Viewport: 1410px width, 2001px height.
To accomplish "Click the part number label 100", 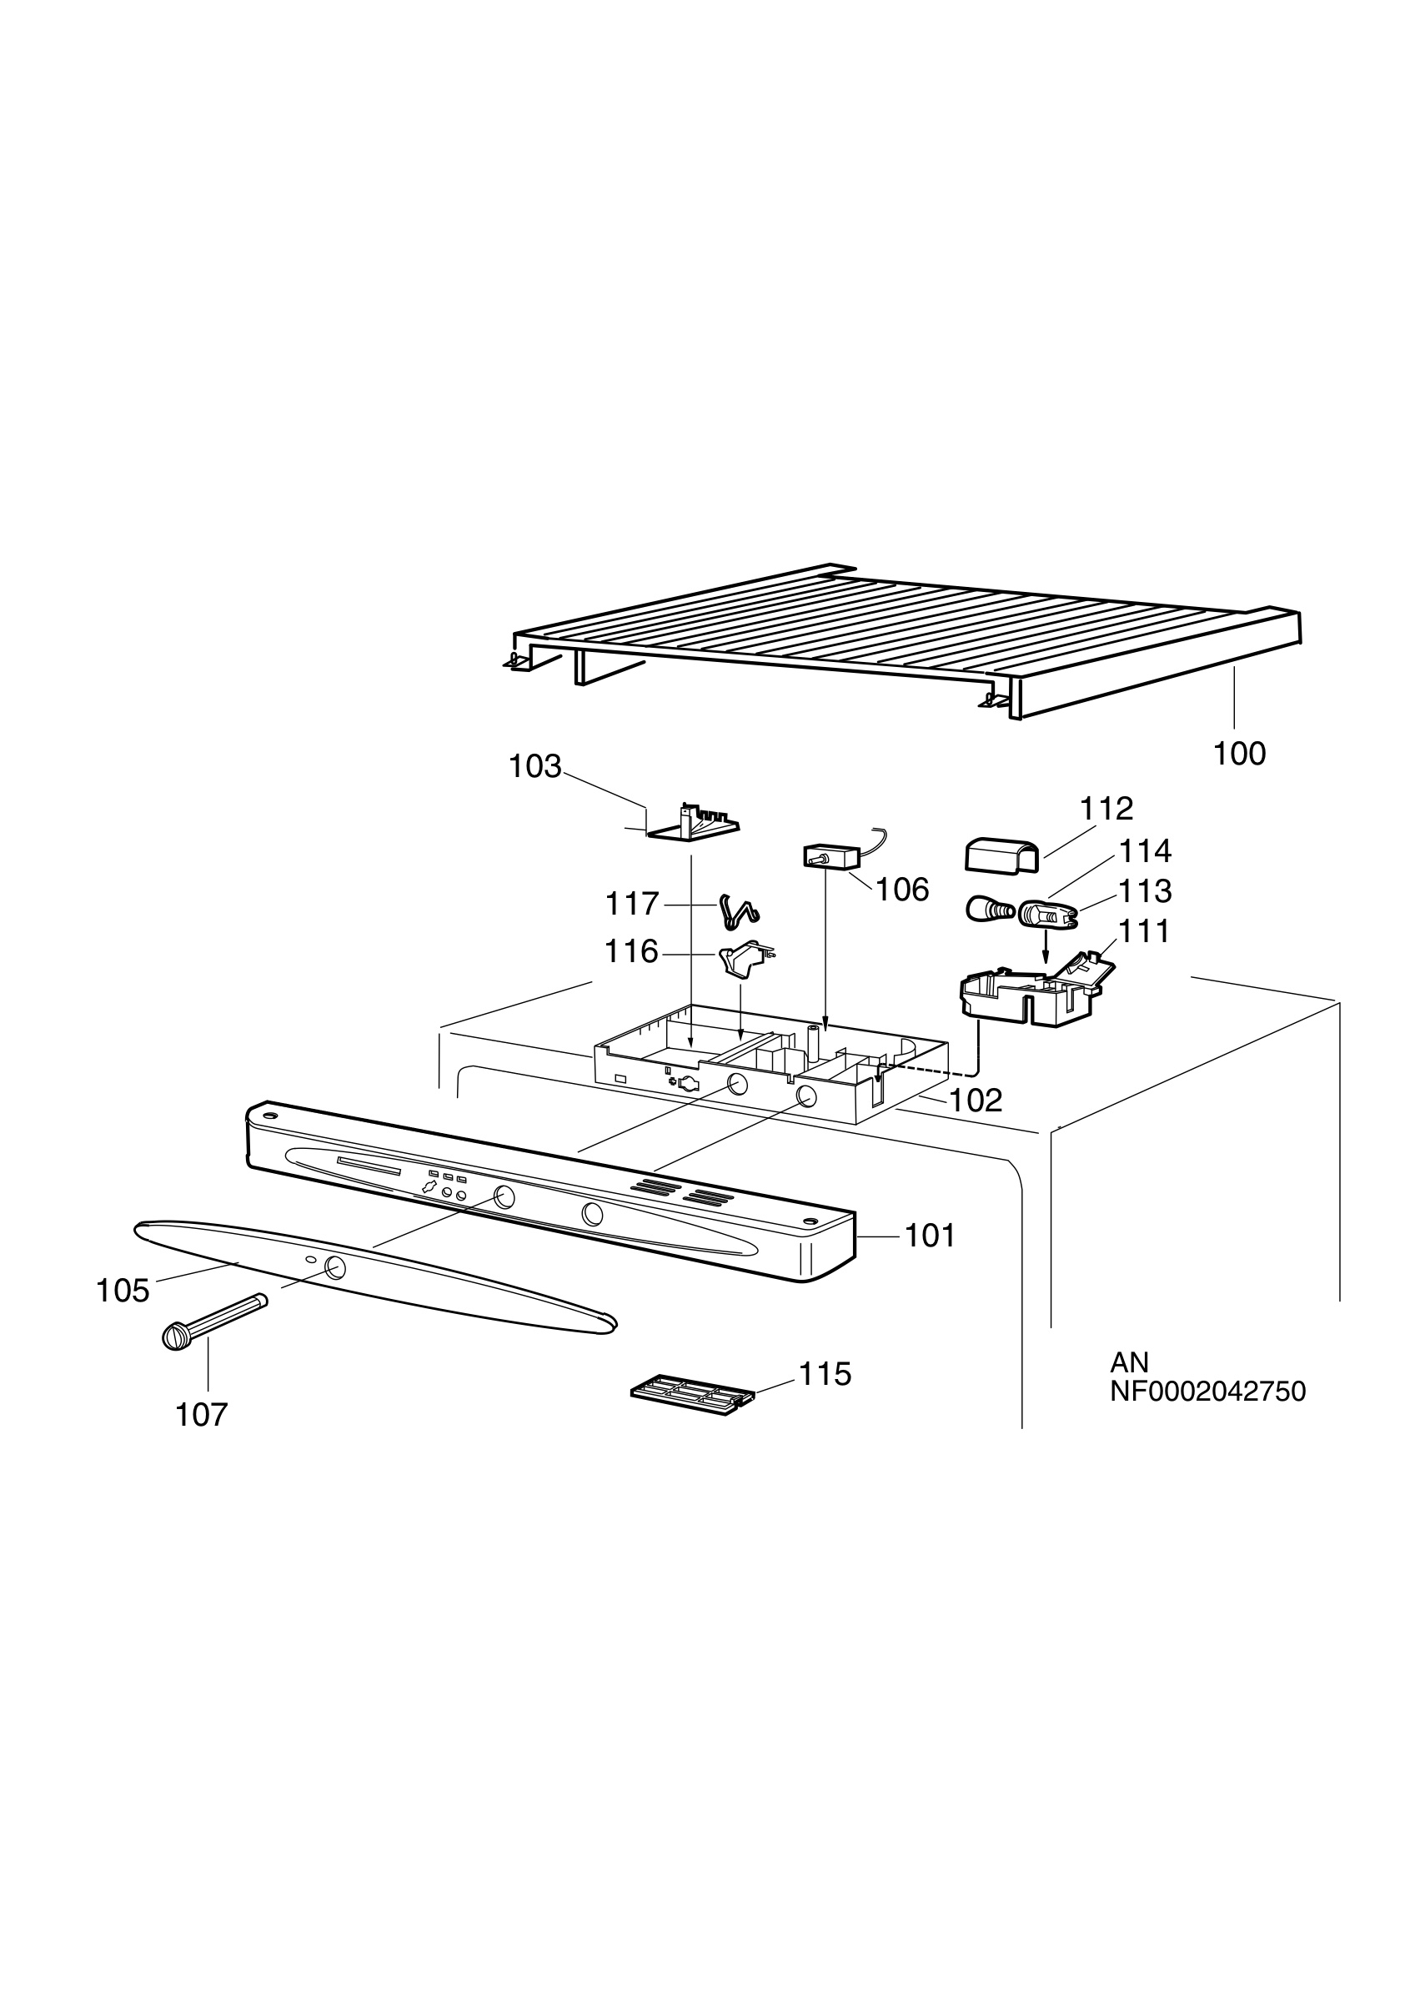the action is pos(1239,753).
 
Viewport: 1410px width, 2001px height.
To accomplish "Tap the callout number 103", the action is pos(534,766).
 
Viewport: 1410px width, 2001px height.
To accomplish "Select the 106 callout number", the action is pos(902,889).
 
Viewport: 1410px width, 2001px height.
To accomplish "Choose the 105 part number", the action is pos(123,1291).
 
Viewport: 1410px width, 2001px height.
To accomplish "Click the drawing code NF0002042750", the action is pos(1208,1391).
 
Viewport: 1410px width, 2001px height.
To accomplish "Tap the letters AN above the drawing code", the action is pos(1129,1362).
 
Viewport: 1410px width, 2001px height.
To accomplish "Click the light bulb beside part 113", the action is pos(990,910).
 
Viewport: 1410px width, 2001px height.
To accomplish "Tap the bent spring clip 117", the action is pos(739,910).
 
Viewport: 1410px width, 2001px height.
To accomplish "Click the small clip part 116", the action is pos(746,958).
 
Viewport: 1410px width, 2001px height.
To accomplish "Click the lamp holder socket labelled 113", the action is pos(1046,912).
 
